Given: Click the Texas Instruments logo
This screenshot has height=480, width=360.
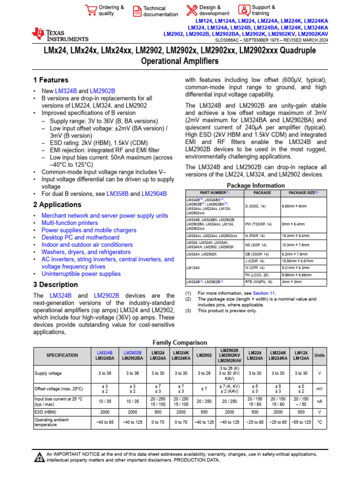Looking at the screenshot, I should [60, 34].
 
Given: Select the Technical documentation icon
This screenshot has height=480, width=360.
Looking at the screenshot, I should [137, 11].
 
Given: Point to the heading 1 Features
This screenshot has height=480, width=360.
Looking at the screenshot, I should [51, 80].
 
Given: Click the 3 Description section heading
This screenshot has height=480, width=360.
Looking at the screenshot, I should [55, 285].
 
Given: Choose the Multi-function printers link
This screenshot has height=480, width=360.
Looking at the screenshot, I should [69, 223].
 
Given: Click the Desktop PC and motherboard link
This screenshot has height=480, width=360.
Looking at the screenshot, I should [80, 238].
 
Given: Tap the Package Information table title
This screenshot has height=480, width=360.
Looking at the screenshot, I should [256, 185].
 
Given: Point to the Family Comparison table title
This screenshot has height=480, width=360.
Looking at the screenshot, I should [180, 343].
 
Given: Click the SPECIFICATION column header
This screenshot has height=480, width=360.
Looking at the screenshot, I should [62, 355].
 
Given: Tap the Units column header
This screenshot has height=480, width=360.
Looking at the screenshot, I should [319, 355].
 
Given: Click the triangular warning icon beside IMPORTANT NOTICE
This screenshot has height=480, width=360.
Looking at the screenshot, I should [39, 457].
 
